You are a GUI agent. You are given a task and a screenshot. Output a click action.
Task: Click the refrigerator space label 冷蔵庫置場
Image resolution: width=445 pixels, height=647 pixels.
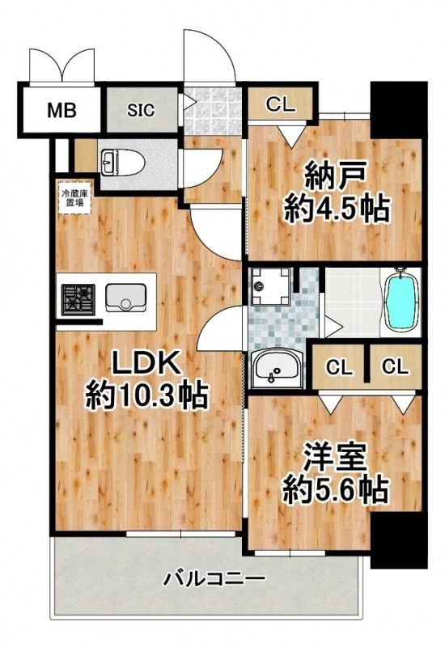(x=73, y=199)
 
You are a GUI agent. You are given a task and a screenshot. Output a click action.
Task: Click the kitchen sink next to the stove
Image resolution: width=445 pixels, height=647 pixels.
(x=125, y=298)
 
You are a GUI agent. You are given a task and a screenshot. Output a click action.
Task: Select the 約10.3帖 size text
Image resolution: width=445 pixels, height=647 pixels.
(x=147, y=396)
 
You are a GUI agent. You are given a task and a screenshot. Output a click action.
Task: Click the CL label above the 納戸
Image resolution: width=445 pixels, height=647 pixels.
(x=282, y=104)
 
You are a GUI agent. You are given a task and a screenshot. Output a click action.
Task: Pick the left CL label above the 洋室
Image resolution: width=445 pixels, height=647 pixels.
(x=339, y=366)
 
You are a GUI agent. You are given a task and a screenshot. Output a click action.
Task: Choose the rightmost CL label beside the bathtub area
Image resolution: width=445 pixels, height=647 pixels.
(x=394, y=366)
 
